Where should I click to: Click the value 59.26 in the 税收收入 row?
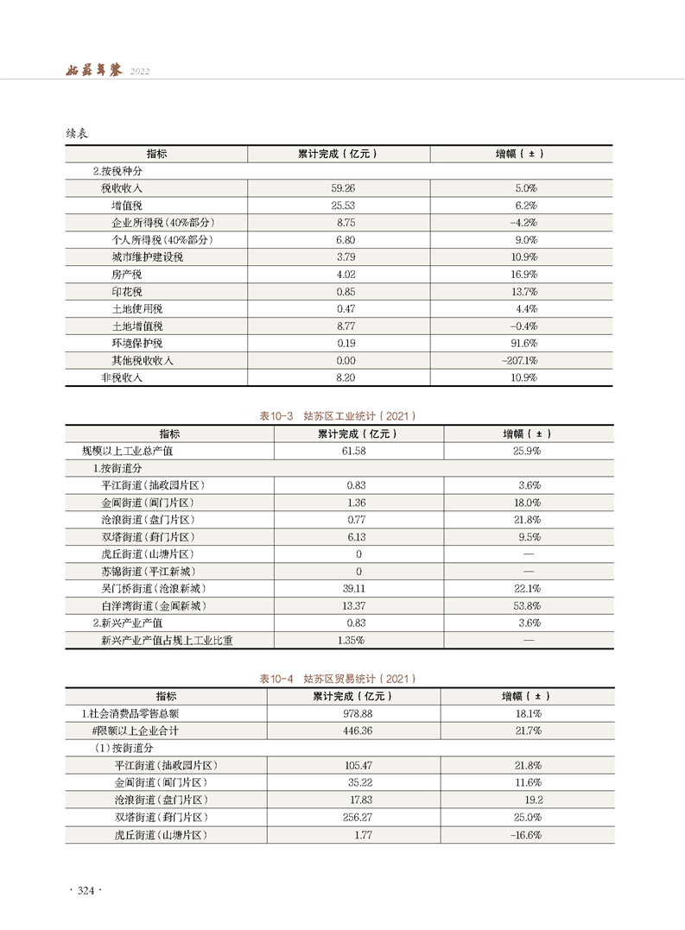(x=343, y=187)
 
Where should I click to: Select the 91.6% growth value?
(x=523, y=343)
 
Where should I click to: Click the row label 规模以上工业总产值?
(x=127, y=451)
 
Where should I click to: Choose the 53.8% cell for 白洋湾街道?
(x=528, y=605)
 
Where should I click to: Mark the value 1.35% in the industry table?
(x=349, y=640)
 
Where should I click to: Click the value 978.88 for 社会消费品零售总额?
(x=357, y=713)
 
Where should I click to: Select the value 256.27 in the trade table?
(x=356, y=817)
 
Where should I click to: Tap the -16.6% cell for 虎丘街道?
(x=525, y=835)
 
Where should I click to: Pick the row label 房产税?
(x=126, y=274)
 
